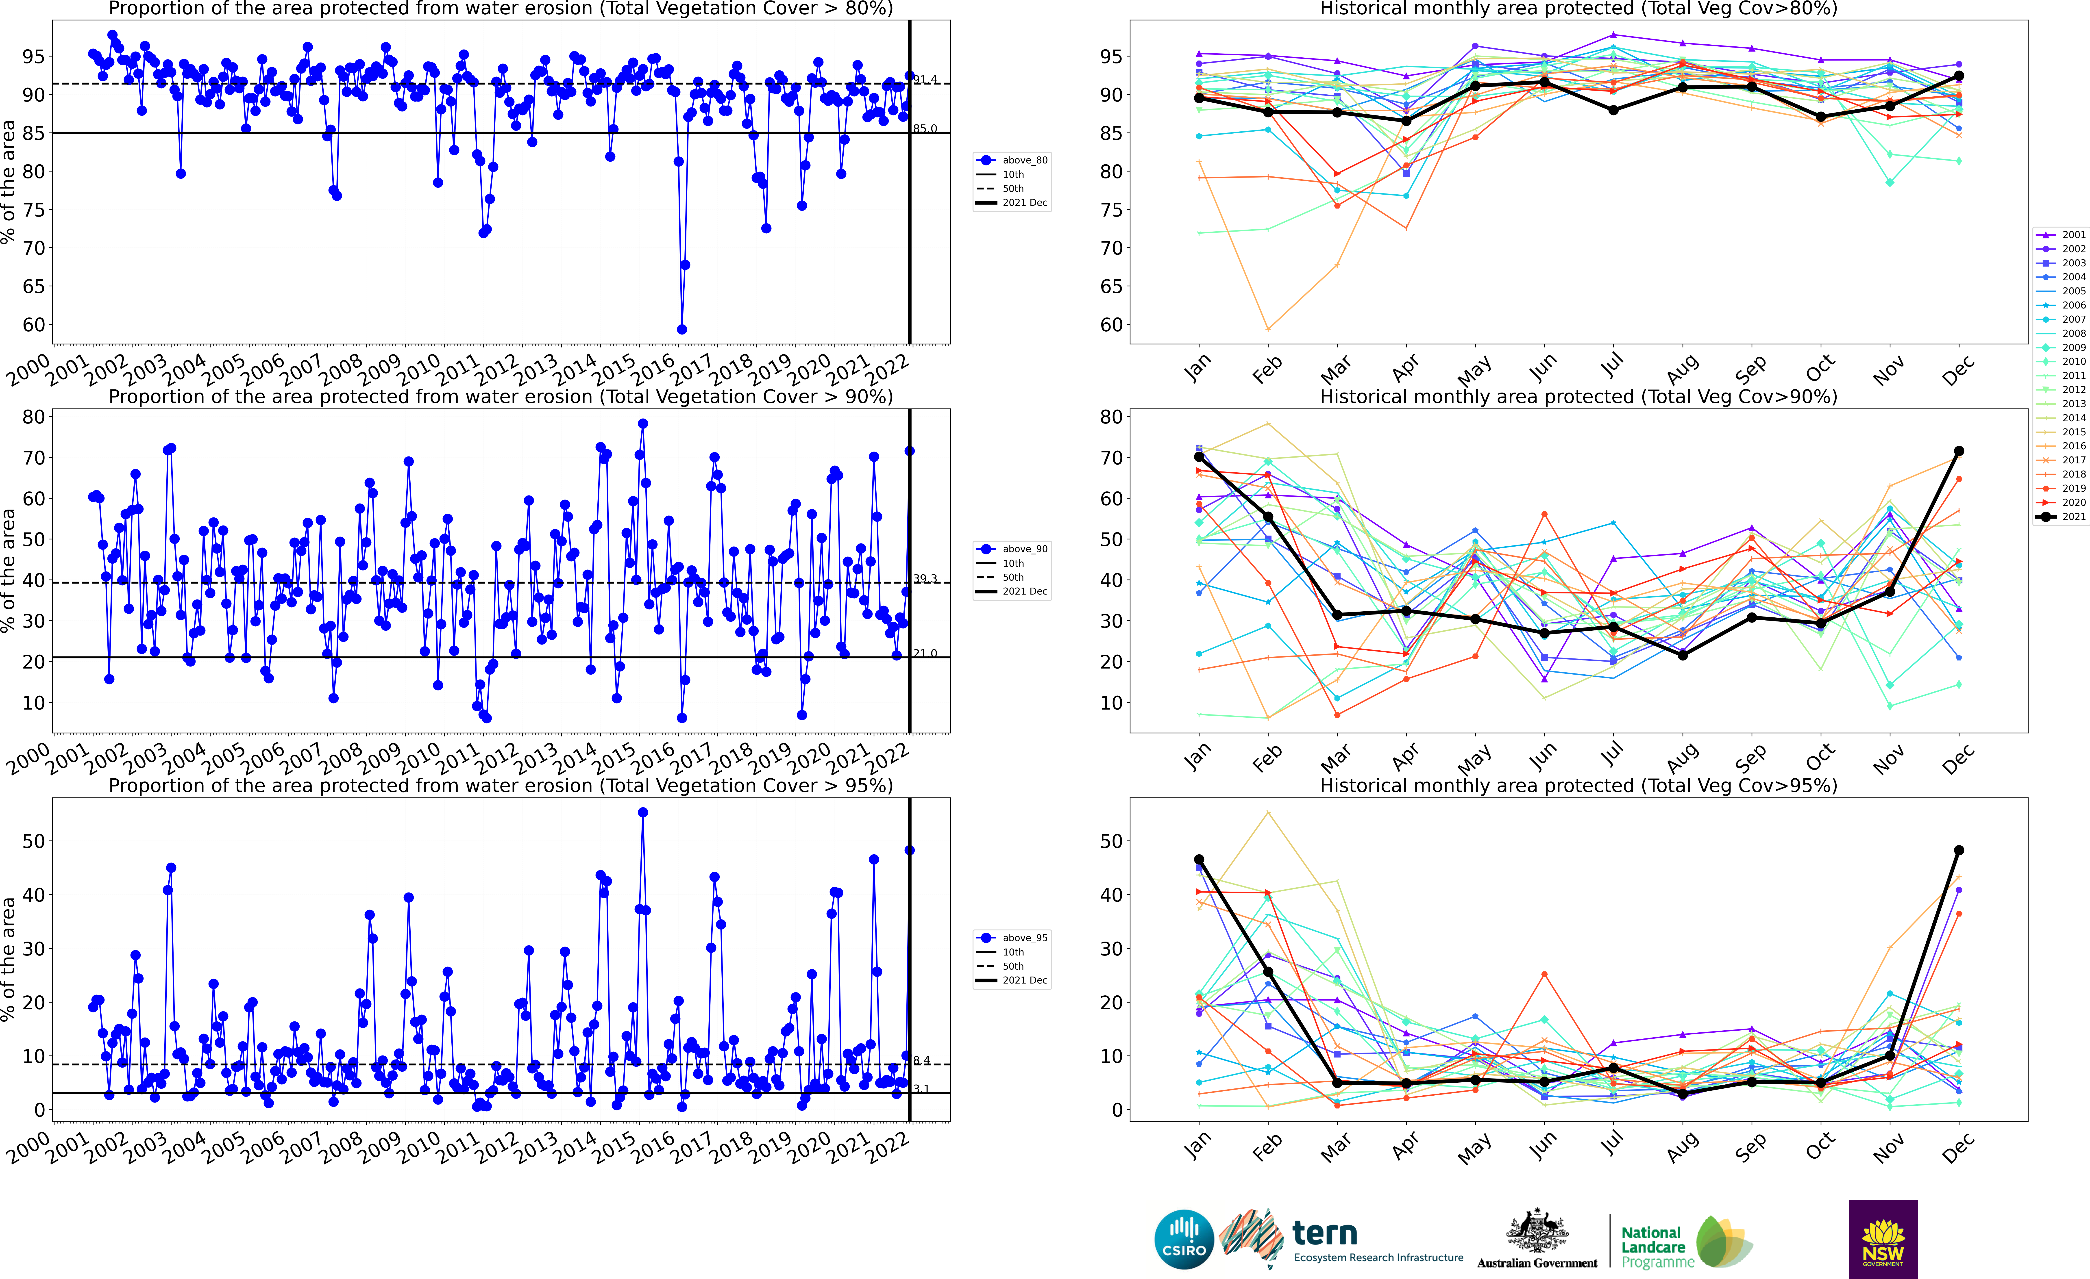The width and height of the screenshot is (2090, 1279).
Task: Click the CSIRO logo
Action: click(1184, 1239)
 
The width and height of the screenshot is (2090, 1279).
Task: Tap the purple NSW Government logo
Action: click(1883, 1239)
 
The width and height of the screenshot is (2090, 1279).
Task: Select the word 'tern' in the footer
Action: click(1325, 1232)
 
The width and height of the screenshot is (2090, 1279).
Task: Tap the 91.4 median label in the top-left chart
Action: click(925, 80)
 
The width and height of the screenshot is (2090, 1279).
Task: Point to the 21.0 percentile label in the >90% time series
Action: click(925, 653)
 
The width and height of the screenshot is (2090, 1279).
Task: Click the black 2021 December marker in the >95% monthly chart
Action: click(1959, 850)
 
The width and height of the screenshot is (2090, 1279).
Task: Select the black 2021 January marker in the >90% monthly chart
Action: click(1199, 456)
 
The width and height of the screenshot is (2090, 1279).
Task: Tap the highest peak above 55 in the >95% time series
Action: click(643, 812)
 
